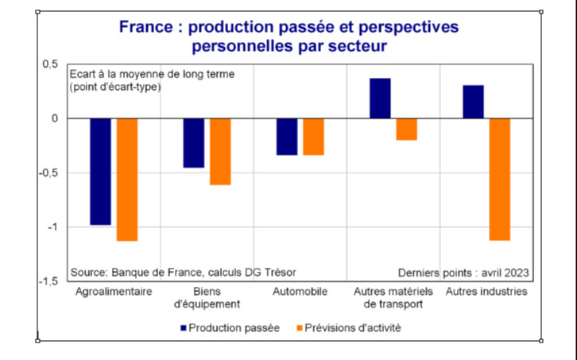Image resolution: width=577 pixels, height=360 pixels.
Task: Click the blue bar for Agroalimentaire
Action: tap(100, 172)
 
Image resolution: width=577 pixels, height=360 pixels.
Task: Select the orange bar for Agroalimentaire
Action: tap(127, 180)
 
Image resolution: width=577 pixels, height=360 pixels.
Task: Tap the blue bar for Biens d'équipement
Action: tap(193, 143)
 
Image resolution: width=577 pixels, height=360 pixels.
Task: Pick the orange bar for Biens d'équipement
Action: tap(220, 152)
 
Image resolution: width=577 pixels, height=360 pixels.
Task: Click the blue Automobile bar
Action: tap(286, 137)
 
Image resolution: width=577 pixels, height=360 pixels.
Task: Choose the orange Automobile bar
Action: tap(313, 137)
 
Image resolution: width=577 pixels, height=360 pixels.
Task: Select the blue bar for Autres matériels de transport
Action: tap(380, 99)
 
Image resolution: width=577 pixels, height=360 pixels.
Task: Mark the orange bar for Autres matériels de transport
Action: tap(406, 129)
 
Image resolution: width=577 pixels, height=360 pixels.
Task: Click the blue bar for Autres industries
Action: tap(473, 102)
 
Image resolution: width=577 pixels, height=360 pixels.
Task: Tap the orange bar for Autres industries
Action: tap(500, 179)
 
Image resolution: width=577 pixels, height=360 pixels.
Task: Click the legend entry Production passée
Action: tap(230, 327)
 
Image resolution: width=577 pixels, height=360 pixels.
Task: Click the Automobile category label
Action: tap(300, 292)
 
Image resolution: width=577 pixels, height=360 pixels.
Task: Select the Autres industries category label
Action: tap(486, 292)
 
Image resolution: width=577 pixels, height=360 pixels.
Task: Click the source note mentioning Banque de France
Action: tap(183, 271)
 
